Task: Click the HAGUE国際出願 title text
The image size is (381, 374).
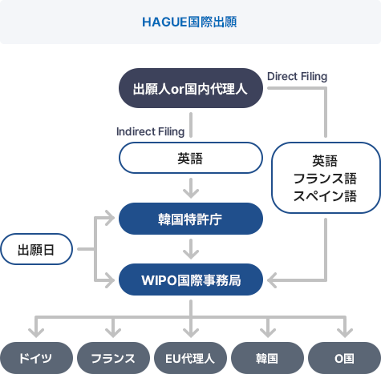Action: (x=189, y=22)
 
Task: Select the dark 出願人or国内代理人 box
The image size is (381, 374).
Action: (x=191, y=88)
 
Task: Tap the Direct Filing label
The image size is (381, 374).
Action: (x=297, y=77)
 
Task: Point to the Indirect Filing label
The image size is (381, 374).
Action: (x=150, y=131)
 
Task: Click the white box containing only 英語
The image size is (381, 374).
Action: (x=191, y=158)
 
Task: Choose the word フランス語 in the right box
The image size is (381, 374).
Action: (x=325, y=179)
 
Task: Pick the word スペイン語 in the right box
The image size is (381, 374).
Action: (x=325, y=196)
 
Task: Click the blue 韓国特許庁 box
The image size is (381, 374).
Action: (x=191, y=219)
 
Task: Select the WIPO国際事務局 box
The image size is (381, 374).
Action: (x=191, y=279)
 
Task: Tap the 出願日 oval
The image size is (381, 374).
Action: (x=36, y=249)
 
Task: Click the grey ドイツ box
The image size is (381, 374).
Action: (x=36, y=358)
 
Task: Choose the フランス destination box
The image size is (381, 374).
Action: (x=113, y=358)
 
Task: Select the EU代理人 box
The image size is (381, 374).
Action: (x=190, y=358)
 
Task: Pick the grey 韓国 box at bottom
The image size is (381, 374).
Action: (x=267, y=358)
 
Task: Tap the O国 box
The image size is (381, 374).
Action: (x=344, y=358)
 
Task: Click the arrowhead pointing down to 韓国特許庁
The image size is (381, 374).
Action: (x=191, y=195)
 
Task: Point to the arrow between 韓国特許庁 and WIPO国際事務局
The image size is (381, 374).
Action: (x=191, y=249)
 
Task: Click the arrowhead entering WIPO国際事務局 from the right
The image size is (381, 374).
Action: (x=270, y=280)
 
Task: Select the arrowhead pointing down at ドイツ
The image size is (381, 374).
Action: (x=36, y=334)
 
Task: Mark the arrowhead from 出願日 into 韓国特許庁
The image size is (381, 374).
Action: (x=111, y=218)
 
